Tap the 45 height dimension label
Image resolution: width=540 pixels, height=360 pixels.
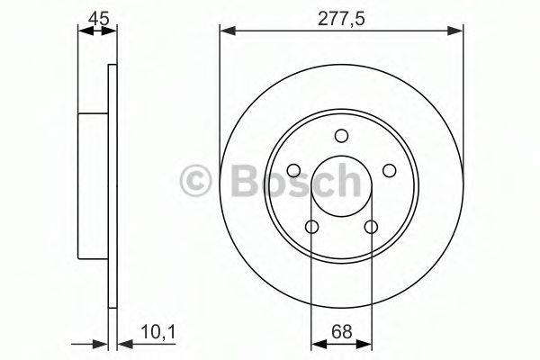click(x=98, y=18)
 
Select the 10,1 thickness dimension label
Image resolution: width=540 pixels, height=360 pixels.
click(x=158, y=333)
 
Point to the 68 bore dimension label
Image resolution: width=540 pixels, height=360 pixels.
click(x=342, y=332)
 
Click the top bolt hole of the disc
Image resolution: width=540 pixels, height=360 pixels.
click(x=341, y=136)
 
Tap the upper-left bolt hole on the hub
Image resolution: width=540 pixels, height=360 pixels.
click(x=293, y=170)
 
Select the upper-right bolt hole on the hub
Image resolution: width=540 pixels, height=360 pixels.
click(x=389, y=170)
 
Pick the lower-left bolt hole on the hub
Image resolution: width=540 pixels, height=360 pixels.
click(x=311, y=227)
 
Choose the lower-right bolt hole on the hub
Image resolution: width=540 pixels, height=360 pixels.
click(x=371, y=227)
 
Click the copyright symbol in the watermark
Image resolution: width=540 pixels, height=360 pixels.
click(x=195, y=181)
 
